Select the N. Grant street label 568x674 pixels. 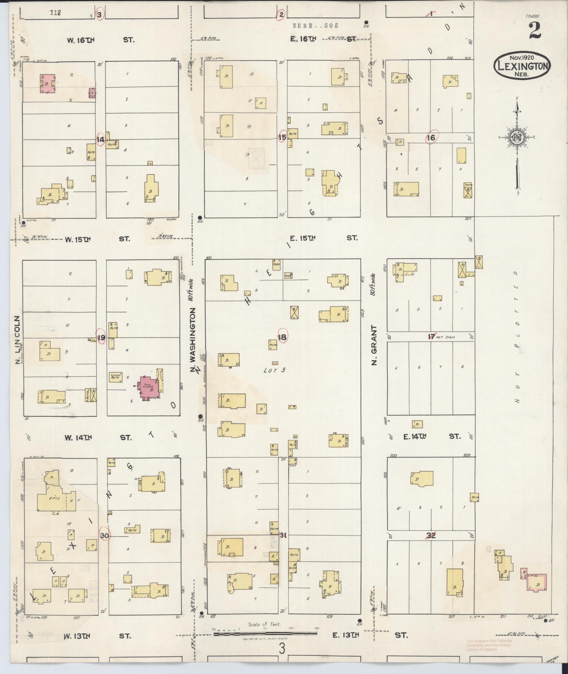coord(374,345)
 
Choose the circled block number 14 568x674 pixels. coord(100,140)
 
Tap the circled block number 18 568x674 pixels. coord(282,337)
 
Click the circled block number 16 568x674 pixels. coord(431,138)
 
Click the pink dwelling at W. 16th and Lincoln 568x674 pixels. coord(47,84)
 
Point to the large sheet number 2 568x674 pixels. coord(534,31)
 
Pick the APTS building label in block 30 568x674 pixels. coord(56,499)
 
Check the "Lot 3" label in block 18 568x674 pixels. coord(274,370)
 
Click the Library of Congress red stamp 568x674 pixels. coord(489,645)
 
